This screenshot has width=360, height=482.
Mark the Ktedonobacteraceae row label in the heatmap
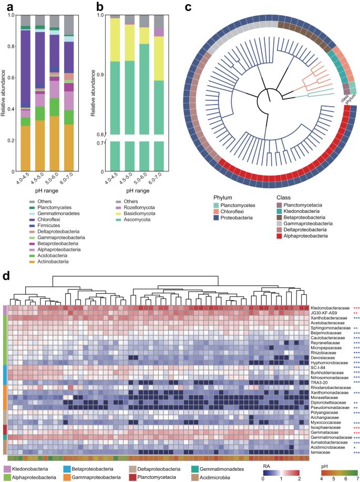[x=327, y=307]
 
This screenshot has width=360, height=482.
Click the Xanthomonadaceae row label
[x=326, y=393]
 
